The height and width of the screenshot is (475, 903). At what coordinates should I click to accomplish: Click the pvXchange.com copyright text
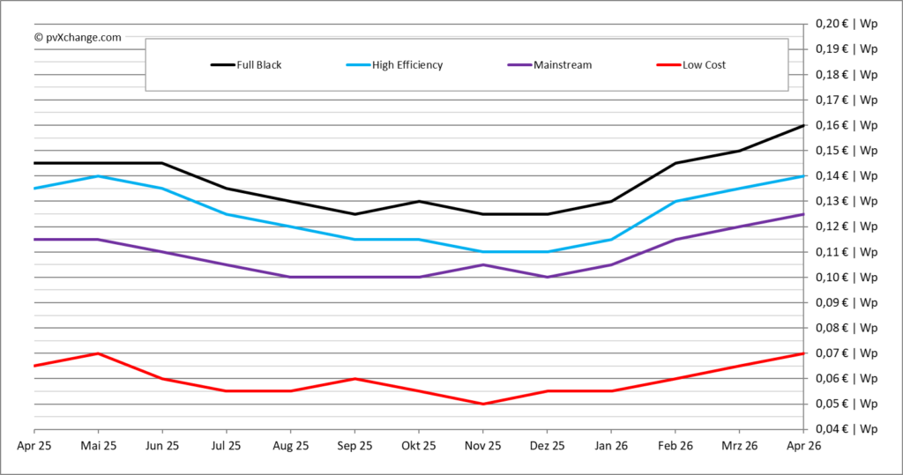[78, 37]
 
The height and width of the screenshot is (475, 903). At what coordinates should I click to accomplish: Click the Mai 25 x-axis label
[98, 446]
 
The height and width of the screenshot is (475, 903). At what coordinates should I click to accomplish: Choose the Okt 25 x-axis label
[419, 446]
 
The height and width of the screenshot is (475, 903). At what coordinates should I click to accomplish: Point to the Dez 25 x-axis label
[547, 446]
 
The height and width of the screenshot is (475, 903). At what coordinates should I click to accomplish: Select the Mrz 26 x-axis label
[740, 446]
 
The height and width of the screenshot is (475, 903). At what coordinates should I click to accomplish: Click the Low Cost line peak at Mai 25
[98, 353]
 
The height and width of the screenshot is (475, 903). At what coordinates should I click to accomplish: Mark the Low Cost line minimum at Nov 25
[483, 404]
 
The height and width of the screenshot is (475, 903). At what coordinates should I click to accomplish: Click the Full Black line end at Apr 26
[803, 125]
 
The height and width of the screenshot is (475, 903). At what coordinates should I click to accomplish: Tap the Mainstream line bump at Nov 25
[483, 264]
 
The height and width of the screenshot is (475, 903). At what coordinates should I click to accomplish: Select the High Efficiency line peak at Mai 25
[98, 176]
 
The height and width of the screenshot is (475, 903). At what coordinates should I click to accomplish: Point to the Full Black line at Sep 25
[354, 214]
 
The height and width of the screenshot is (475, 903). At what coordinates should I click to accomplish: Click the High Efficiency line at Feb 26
[675, 202]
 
